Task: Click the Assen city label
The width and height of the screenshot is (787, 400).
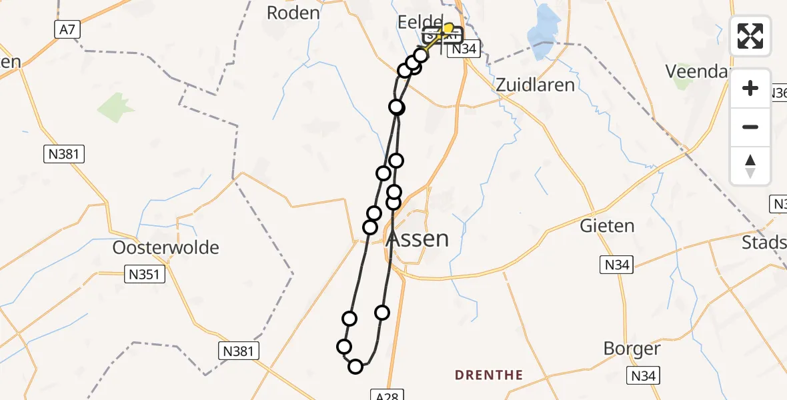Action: (418, 239)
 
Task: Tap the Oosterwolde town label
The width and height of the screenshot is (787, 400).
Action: (165, 248)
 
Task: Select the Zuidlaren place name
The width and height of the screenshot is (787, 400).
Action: (535, 85)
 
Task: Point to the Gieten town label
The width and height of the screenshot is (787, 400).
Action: (607, 225)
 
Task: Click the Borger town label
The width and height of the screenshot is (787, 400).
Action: (632, 349)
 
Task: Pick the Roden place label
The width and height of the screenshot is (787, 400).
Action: (293, 13)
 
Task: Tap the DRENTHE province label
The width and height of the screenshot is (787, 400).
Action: (489, 375)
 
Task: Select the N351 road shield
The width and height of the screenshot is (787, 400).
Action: (145, 274)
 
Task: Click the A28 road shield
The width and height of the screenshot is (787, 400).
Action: (387, 396)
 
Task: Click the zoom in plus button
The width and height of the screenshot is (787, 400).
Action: (750, 88)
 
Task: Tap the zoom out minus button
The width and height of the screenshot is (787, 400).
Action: (750, 127)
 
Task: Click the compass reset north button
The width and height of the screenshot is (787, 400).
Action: (750, 166)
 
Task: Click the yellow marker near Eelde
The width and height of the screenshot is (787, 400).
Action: (448, 28)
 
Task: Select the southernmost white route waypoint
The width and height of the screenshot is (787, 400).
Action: (355, 367)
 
